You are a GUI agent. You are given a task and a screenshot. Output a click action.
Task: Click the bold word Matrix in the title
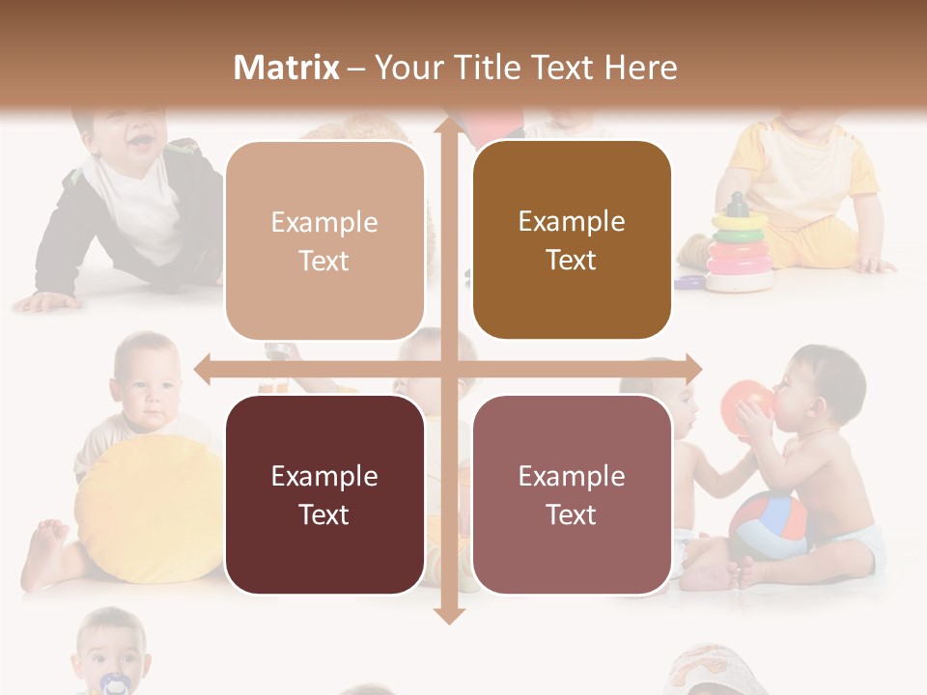tap(287, 68)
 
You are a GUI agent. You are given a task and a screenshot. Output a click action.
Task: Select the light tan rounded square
tap(324, 240)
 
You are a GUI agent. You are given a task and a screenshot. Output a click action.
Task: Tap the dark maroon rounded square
tap(324, 494)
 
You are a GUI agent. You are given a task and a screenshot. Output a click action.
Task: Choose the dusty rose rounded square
tap(572, 494)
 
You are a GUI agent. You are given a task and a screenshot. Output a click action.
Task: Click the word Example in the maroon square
tap(324, 476)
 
